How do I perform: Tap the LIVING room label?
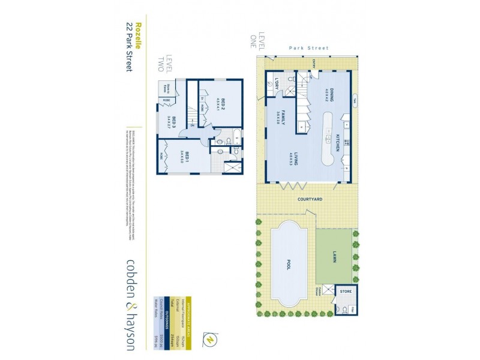[296, 161]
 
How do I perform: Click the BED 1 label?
[187, 157]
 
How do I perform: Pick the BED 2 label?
[223, 102]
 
